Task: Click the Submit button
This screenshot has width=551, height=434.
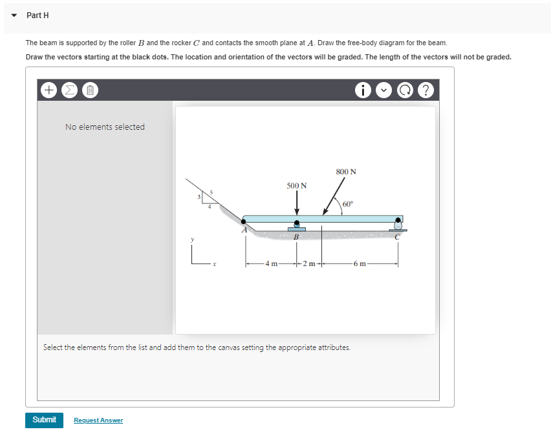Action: [x=44, y=420]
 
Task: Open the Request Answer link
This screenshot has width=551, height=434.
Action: [x=98, y=420]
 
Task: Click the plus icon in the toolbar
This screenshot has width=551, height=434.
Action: [x=49, y=90]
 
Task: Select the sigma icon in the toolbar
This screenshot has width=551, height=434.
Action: [x=70, y=90]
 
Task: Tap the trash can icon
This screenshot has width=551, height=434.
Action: [x=91, y=90]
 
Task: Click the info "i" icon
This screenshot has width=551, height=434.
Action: [x=363, y=90]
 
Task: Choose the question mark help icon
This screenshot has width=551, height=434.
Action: [x=426, y=90]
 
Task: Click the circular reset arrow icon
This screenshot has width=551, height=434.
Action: [x=405, y=90]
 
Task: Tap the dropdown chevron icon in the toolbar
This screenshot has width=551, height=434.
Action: [x=384, y=90]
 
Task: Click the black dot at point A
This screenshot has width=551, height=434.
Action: [x=244, y=222]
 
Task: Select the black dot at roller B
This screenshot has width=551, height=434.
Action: [x=297, y=223]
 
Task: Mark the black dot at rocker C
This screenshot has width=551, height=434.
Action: [x=398, y=220]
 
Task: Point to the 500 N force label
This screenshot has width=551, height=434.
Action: [x=297, y=185]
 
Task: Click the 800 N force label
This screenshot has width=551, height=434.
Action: [x=346, y=172]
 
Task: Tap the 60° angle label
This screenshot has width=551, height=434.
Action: [x=348, y=204]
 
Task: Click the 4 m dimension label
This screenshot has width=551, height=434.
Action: [x=271, y=263]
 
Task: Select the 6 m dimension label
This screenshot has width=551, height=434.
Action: [x=360, y=263]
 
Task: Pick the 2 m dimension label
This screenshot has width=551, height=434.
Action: [x=309, y=263]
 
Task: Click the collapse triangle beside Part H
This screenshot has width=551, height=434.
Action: [x=14, y=15]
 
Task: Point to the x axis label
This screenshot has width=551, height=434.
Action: [x=214, y=263]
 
